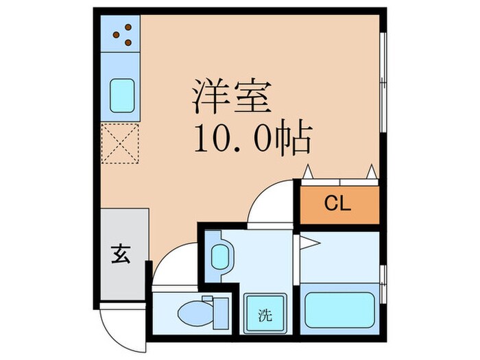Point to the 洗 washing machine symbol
click(264, 315)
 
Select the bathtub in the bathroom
click(339, 309)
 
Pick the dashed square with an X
click(121, 144)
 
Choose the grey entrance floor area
click(123, 254)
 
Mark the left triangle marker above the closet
click(309, 172)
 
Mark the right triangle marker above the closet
click(372, 172)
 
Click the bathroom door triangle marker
click(307, 241)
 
